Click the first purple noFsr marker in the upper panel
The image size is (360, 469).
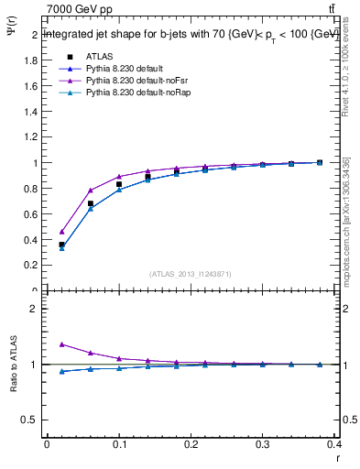tap(61, 232)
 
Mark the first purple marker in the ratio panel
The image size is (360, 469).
tap(61, 344)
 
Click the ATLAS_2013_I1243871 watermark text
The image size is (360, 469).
tap(191, 274)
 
